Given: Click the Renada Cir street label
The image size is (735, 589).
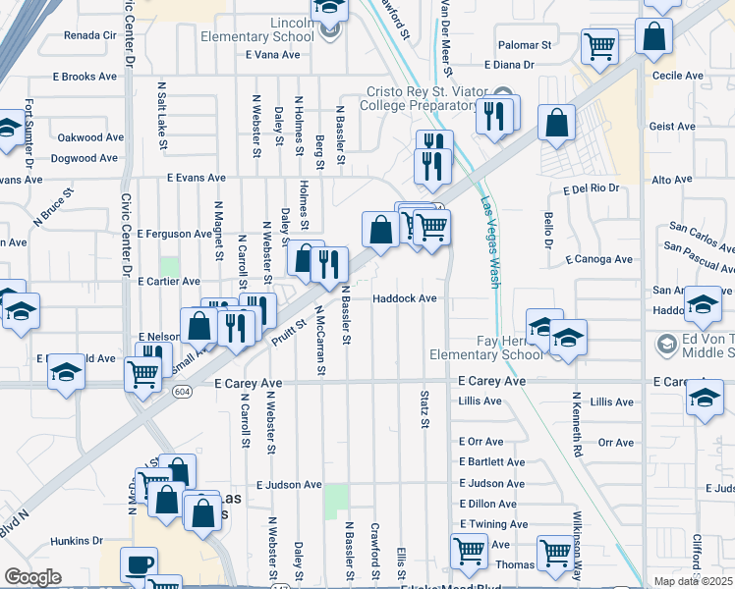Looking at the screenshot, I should coord(89,34).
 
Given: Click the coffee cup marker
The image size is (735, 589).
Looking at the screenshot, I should coord(139,564).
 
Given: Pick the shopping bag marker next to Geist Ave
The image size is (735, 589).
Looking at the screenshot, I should coord(556,125).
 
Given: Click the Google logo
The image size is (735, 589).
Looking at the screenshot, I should coord(31,577).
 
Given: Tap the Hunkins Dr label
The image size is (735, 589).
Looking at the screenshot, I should coord(77,540).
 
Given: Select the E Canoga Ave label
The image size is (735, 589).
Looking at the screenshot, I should coord(599,259).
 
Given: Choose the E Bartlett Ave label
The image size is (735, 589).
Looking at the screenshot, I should coord(491,461).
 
